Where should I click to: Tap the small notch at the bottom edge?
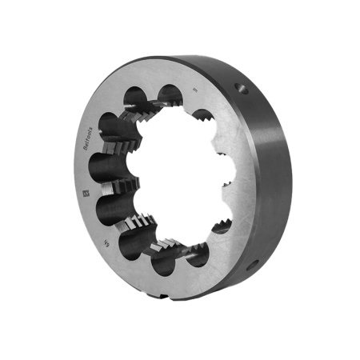163,297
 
